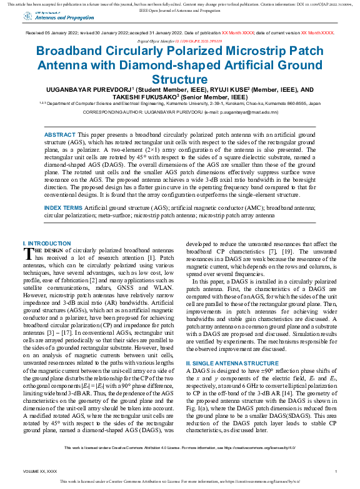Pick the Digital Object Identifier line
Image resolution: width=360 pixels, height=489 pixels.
pos(179,39)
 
